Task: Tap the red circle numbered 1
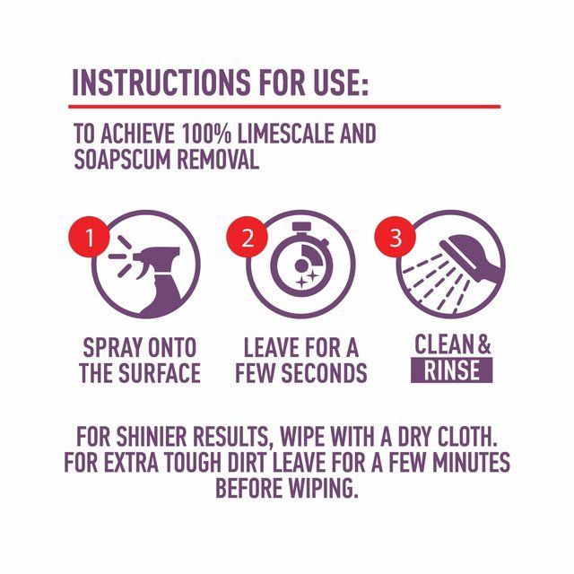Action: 87,239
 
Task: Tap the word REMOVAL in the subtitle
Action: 216,160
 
